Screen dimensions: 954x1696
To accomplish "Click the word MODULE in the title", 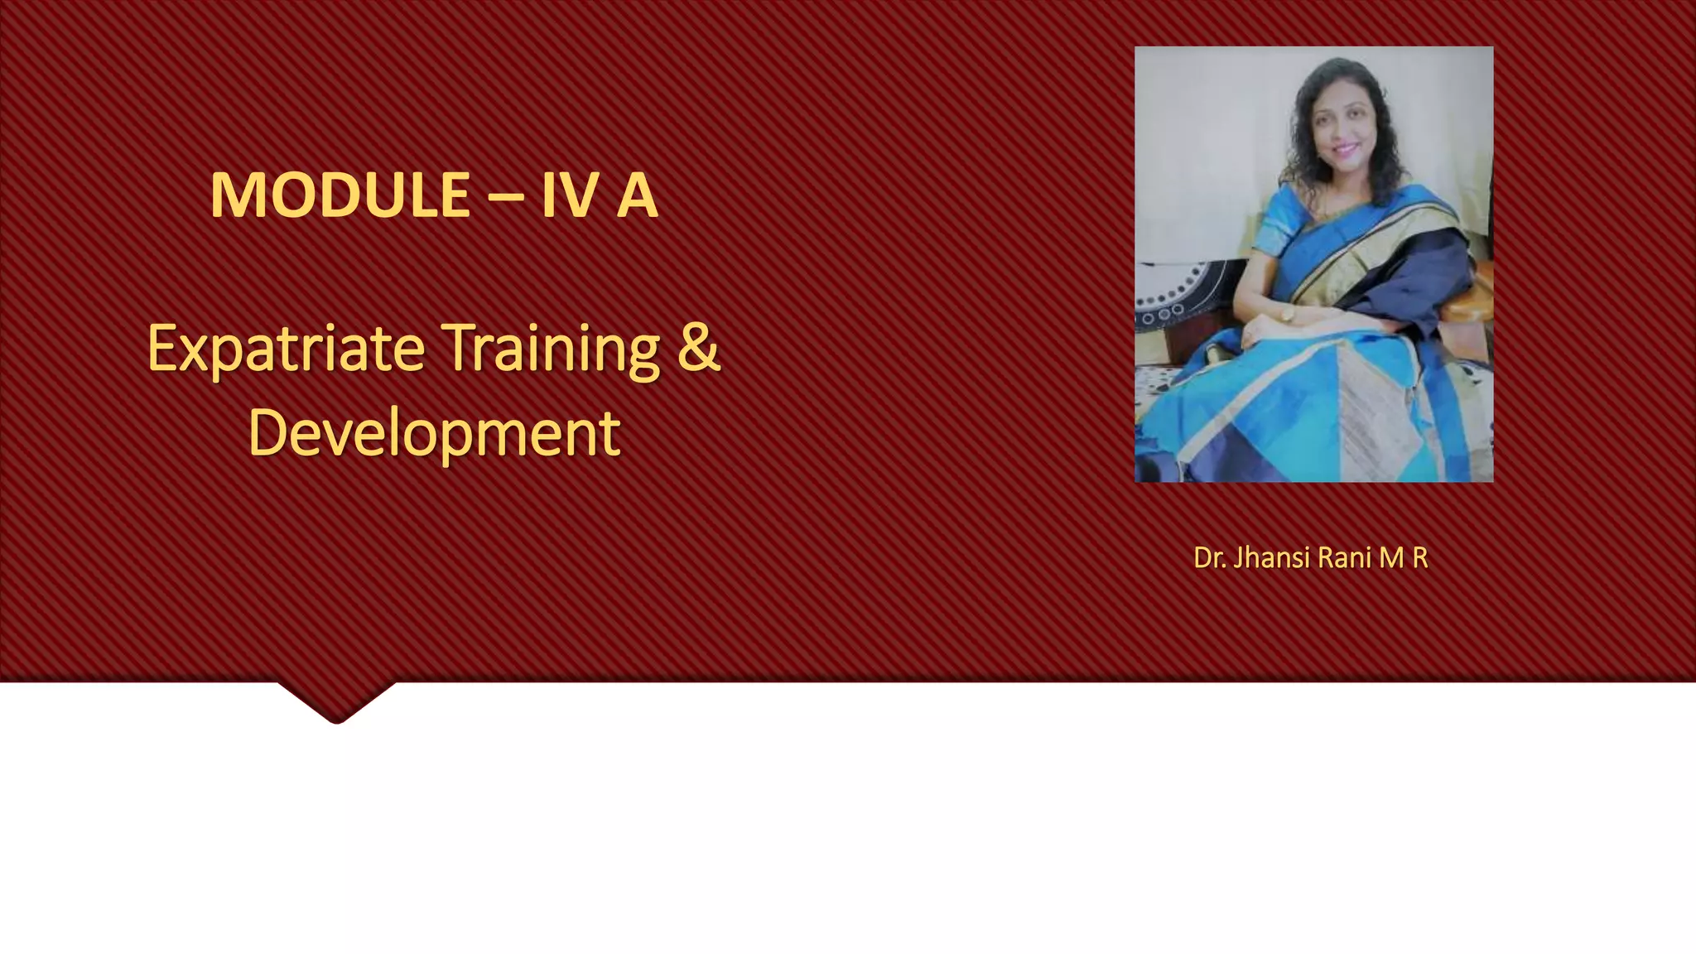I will (340, 195).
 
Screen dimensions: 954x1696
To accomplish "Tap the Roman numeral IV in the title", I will (570, 195).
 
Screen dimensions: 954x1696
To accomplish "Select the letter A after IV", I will (637, 195).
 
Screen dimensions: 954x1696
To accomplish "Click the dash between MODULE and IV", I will (506, 197).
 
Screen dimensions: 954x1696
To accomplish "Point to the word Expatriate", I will (286, 349).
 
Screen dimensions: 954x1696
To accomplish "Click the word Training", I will (550, 349).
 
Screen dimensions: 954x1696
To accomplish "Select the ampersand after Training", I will (699, 348).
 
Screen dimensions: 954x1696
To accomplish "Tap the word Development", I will (434, 434).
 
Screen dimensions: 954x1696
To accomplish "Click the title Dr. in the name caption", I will (1209, 558).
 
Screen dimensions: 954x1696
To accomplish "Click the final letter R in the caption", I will (1419, 558).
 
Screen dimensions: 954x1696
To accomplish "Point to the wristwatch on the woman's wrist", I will (1288, 314).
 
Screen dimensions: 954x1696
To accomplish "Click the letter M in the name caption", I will (1392, 558).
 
